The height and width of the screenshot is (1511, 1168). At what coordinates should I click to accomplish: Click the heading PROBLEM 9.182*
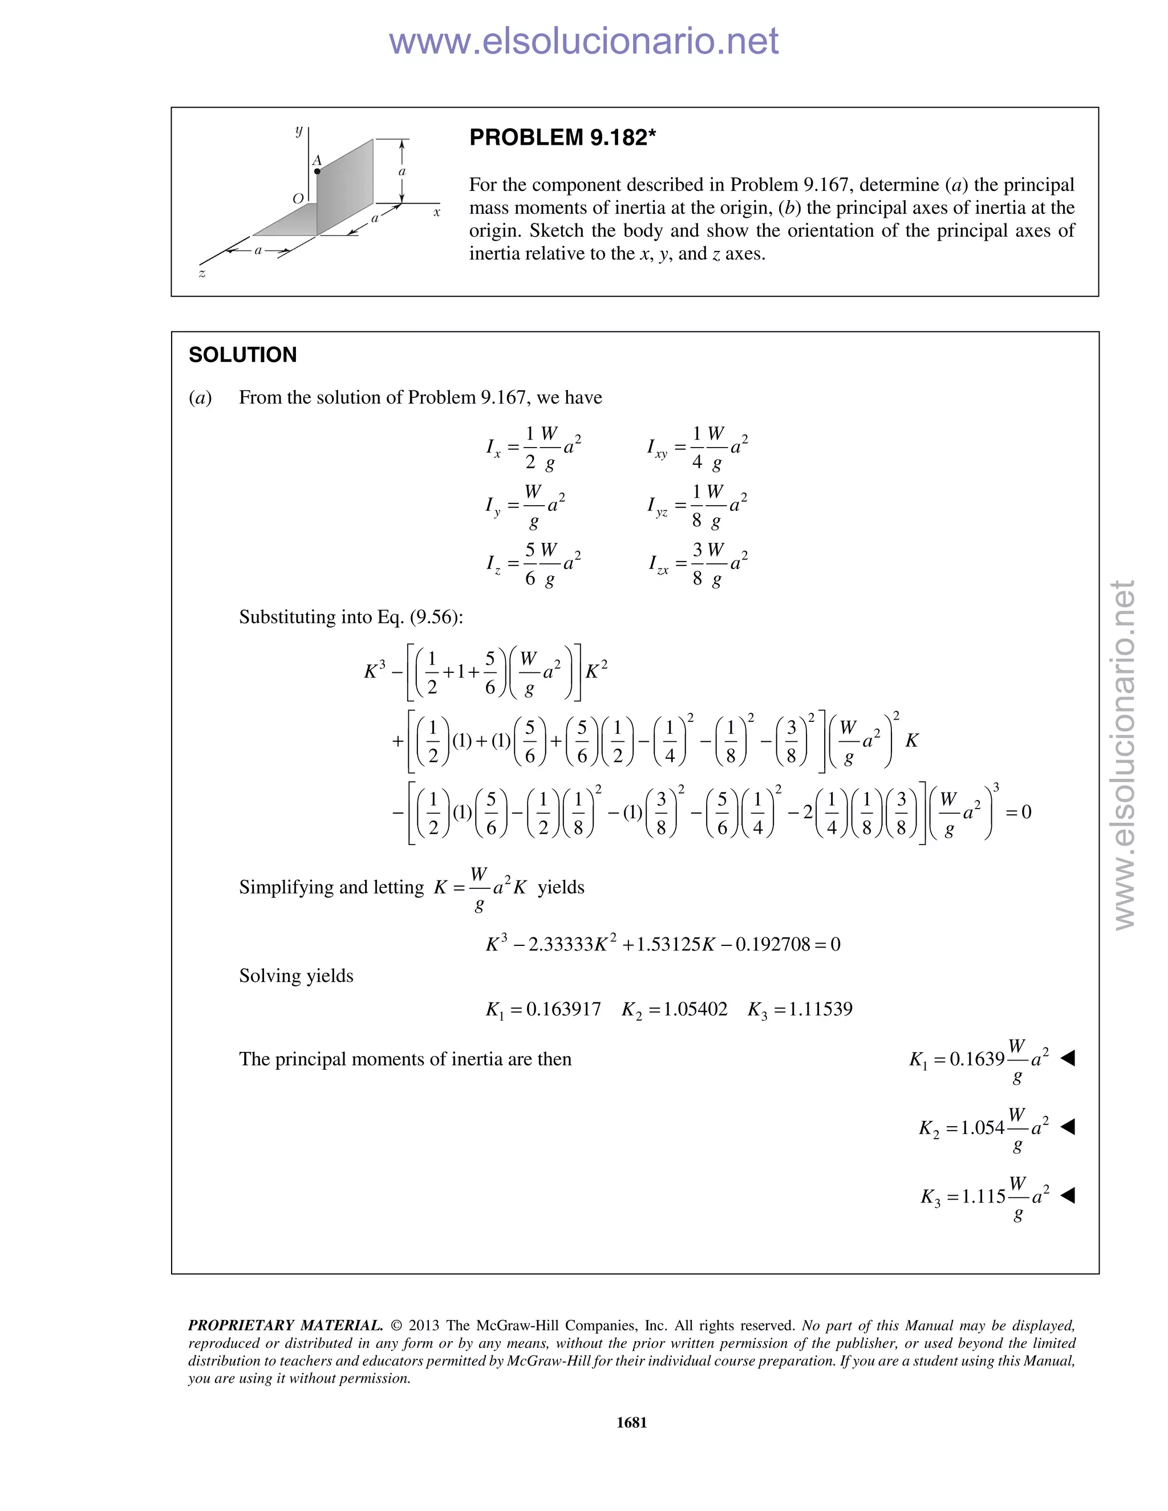point(562,137)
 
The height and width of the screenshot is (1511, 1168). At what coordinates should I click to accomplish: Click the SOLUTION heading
point(242,355)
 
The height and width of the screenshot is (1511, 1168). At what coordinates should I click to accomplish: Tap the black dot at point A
point(317,171)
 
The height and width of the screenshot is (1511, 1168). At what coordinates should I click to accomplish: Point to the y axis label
point(299,130)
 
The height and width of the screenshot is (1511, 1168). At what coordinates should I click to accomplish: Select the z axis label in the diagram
point(202,274)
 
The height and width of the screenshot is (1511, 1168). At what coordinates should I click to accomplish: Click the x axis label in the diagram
point(437,213)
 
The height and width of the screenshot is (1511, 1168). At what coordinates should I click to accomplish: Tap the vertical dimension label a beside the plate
point(402,171)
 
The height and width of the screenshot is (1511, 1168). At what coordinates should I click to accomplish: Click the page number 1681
point(631,1423)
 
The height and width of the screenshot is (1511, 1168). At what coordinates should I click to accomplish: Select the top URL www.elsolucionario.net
point(583,41)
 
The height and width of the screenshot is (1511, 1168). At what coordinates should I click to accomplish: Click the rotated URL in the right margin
point(1125,754)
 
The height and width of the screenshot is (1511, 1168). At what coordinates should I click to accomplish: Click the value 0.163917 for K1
point(563,1009)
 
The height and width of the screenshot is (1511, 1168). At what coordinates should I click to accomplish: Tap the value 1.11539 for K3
point(820,1009)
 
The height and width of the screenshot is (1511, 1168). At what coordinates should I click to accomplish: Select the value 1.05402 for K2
point(695,1009)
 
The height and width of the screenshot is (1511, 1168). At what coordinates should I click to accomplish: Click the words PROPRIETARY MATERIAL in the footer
point(285,1326)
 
